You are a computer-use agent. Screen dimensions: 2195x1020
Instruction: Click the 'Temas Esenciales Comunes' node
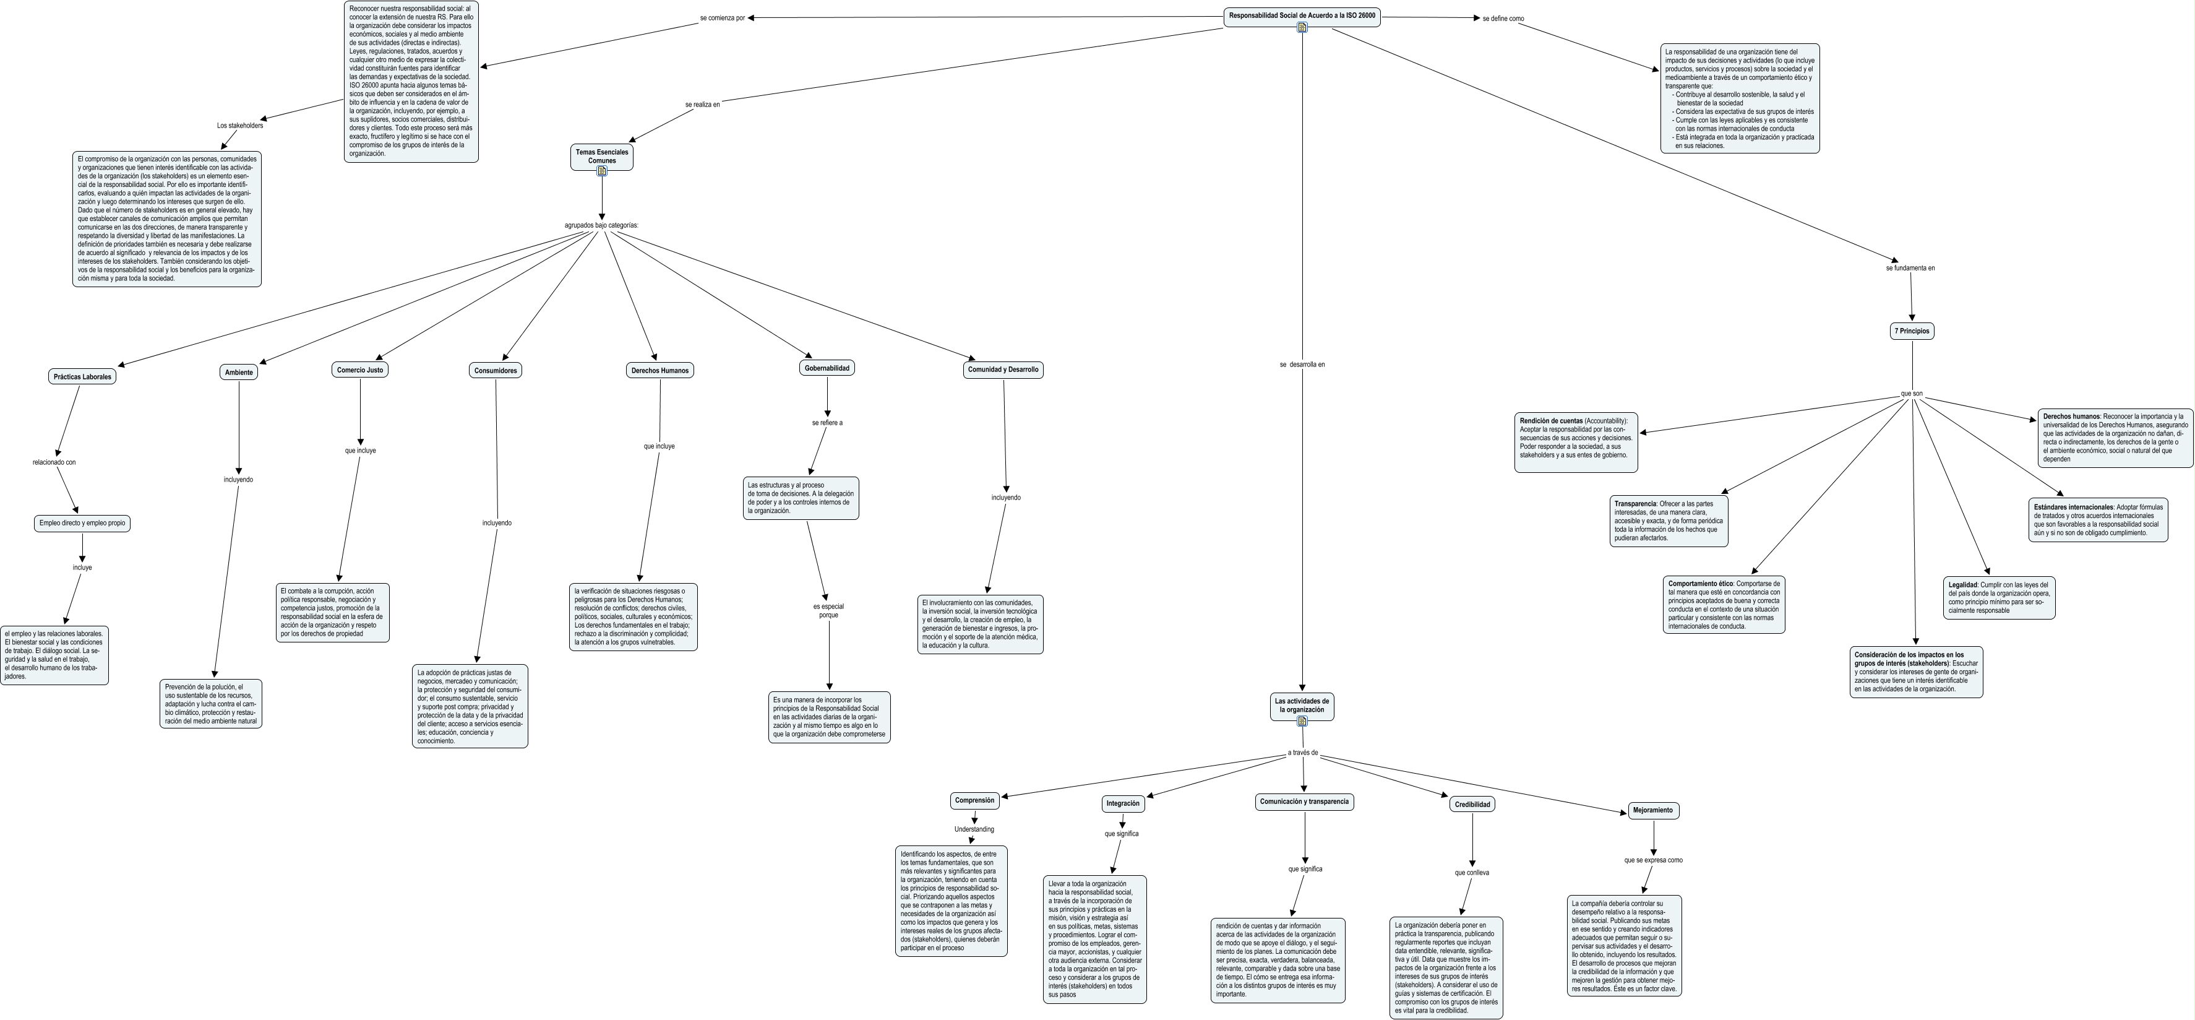click(601, 157)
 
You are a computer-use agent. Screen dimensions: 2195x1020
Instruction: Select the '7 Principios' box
click(1912, 331)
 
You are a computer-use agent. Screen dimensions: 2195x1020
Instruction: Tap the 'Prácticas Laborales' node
click(83, 377)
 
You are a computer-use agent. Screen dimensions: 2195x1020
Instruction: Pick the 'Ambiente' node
click(239, 373)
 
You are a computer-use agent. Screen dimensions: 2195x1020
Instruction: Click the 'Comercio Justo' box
click(359, 370)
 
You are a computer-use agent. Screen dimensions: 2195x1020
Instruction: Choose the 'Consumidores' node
click(495, 371)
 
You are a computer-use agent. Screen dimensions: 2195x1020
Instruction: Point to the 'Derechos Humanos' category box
click(659, 371)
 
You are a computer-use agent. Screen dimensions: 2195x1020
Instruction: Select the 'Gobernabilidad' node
click(827, 368)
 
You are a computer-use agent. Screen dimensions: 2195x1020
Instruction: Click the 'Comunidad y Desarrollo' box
click(1003, 370)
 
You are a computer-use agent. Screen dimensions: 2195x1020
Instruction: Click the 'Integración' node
click(1123, 803)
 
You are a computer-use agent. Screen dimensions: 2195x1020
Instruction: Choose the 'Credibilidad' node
click(1472, 805)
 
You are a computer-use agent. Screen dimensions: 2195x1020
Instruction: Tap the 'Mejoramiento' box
click(1653, 810)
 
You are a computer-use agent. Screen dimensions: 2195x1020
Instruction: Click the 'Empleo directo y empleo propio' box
click(83, 523)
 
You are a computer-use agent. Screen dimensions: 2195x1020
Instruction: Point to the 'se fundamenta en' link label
click(1910, 267)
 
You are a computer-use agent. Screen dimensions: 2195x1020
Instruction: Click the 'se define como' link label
click(1503, 19)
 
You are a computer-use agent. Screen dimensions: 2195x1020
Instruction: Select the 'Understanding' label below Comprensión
click(974, 829)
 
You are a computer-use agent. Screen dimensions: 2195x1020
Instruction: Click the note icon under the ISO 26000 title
click(1302, 27)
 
